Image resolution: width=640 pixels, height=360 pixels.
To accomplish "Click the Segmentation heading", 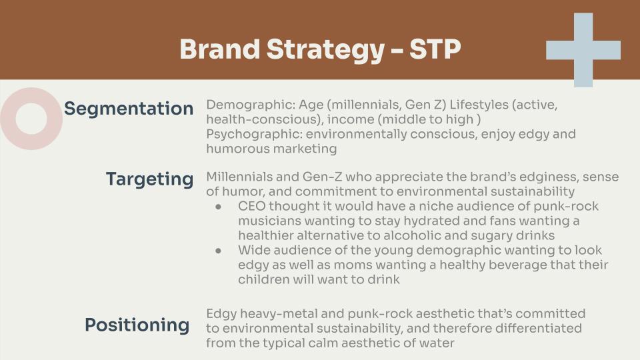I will pyautogui.click(x=129, y=109).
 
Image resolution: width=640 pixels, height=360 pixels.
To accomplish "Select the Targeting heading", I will pyautogui.click(x=149, y=179).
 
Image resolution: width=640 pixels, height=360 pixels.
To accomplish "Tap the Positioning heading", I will pyautogui.click(x=137, y=325).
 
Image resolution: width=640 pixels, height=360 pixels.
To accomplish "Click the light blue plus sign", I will pyautogui.click(x=583, y=50).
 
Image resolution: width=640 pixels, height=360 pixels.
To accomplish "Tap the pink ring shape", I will pyautogui.click(x=31, y=119).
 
